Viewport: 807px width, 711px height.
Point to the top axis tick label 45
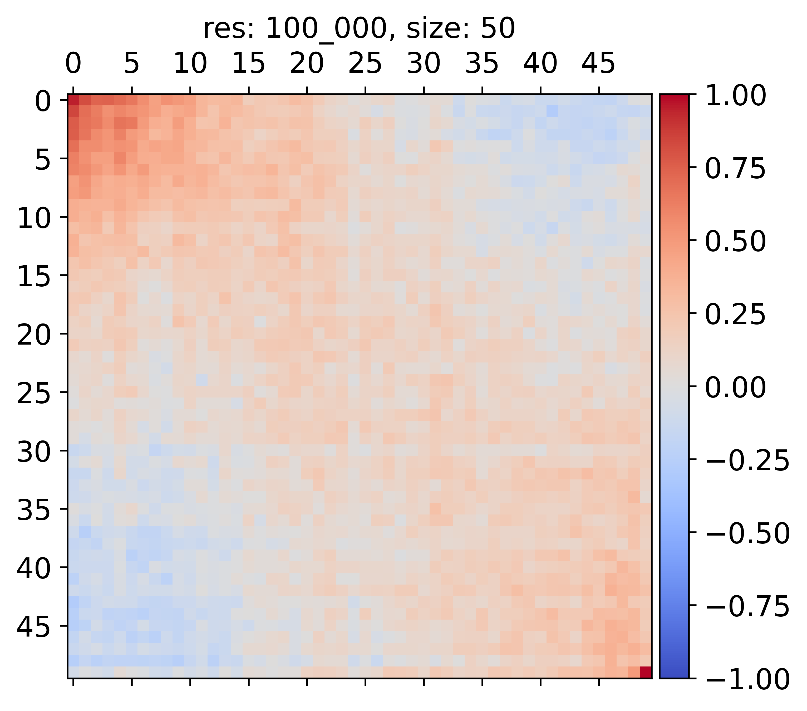599,63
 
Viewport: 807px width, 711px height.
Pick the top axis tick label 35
482,63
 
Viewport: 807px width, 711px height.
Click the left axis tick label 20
34,336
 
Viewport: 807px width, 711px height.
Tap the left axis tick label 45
34,628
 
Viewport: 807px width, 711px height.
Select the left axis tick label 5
43,161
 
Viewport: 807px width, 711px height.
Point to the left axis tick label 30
34,453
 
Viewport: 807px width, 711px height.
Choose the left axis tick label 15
34,278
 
